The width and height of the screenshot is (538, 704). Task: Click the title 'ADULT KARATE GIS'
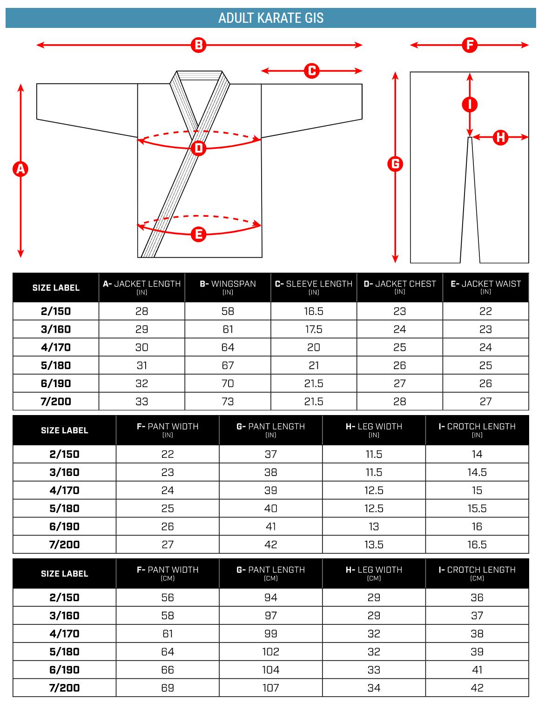pos(271,18)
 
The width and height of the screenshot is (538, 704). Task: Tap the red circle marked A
pos(20,169)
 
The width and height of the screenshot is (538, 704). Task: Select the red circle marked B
pos(198,45)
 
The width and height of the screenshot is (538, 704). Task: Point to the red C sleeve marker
pos(311,71)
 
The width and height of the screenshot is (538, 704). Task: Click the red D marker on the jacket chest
pos(199,148)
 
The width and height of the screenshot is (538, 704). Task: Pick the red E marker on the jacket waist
pos(199,234)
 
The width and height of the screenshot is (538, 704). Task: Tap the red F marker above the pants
pos(470,45)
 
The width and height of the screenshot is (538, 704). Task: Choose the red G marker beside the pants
pos(395,164)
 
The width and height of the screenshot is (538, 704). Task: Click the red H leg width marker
pos(501,137)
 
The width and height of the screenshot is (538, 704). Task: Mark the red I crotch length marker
pos(470,104)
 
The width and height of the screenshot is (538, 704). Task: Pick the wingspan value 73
pos(228,401)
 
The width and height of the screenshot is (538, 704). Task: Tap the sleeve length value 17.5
pos(314,329)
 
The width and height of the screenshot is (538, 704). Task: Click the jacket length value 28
pos(142,311)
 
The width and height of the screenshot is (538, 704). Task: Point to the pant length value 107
pos(270,687)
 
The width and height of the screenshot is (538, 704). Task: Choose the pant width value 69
pos(168,687)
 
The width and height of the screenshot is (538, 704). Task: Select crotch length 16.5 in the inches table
pos(477,544)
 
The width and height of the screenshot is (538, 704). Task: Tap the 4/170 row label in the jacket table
pos(56,347)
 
